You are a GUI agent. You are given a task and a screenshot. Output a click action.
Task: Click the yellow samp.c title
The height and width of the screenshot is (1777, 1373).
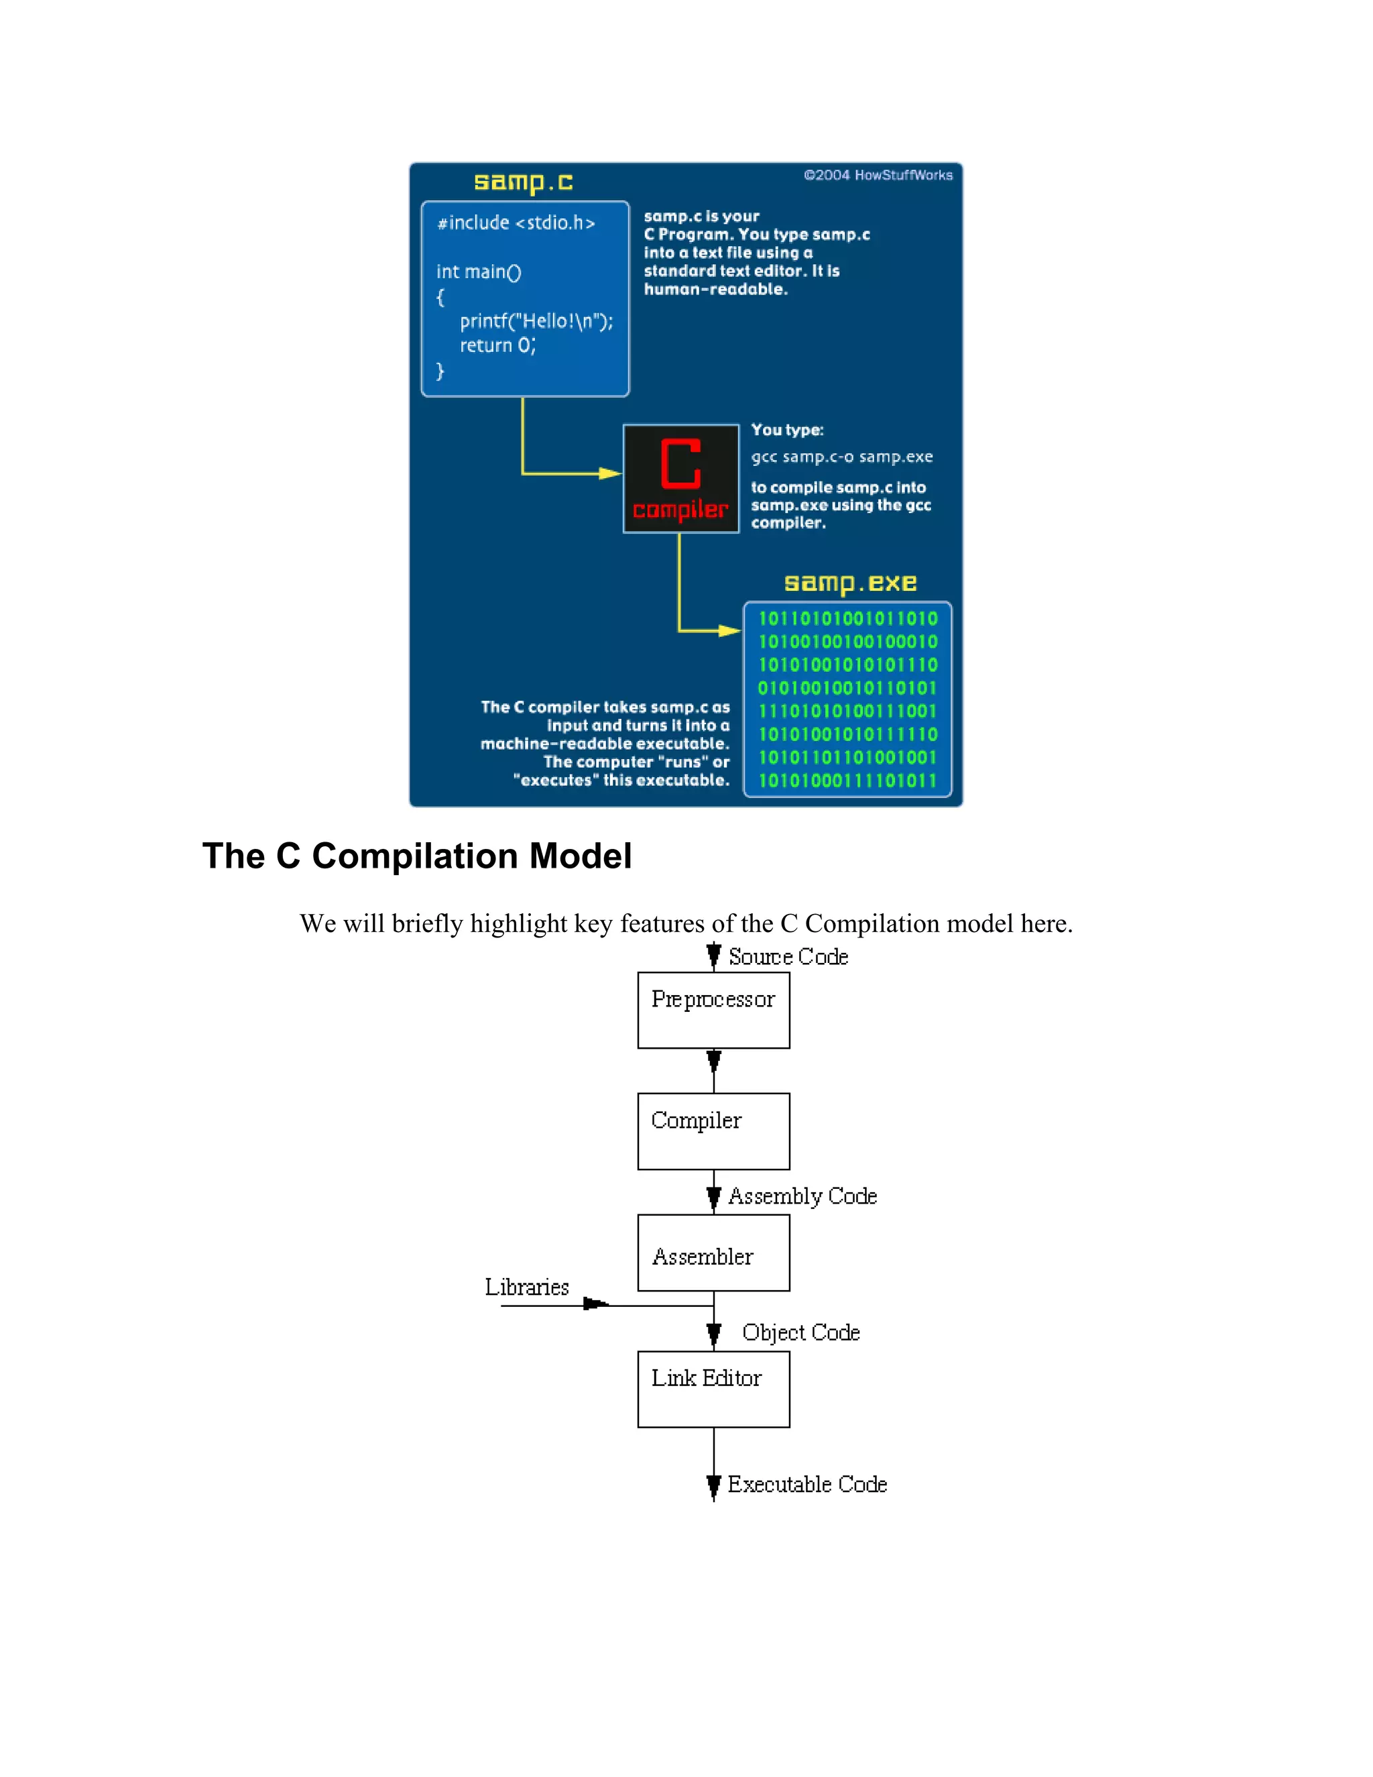(x=523, y=182)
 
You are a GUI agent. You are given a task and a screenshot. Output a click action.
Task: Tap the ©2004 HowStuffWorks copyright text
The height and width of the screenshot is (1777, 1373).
(x=878, y=175)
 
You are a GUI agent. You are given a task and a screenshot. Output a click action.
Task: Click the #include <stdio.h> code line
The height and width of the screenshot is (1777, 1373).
(x=516, y=223)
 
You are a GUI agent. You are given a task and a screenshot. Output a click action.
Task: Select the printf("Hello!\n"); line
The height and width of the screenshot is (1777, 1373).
(x=536, y=321)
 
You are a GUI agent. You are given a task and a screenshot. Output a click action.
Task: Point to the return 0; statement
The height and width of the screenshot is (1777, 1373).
(x=497, y=346)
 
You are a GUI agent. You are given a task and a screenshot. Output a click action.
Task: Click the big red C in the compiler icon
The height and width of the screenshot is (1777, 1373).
(x=681, y=464)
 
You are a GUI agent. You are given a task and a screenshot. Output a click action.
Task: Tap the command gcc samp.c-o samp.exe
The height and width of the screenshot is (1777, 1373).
(x=842, y=457)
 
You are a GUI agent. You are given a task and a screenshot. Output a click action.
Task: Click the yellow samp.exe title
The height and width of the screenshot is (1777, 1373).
(x=850, y=583)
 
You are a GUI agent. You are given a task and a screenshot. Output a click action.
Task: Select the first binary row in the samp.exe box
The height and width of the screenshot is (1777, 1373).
(x=847, y=618)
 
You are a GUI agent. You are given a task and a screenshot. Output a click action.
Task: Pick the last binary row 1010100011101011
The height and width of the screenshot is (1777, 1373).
(x=847, y=781)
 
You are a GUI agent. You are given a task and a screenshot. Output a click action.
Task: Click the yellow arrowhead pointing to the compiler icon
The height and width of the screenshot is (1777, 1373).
(x=610, y=473)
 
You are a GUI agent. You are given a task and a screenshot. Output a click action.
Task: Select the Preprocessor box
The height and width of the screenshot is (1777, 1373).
(x=713, y=1010)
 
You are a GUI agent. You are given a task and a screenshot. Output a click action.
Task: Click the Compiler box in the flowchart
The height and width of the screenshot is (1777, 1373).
(x=713, y=1131)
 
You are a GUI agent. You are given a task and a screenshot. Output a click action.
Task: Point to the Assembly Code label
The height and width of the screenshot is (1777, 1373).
(x=802, y=1196)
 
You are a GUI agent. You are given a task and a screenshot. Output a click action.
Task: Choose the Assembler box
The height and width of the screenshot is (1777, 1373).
(x=713, y=1253)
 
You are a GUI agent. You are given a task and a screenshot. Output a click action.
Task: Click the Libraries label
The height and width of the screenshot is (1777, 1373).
(x=527, y=1287)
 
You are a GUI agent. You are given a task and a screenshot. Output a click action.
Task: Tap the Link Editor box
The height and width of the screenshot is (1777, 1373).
(x=713, y=1389)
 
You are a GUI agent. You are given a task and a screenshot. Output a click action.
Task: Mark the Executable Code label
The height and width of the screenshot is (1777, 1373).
(x=807, y=1485)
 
